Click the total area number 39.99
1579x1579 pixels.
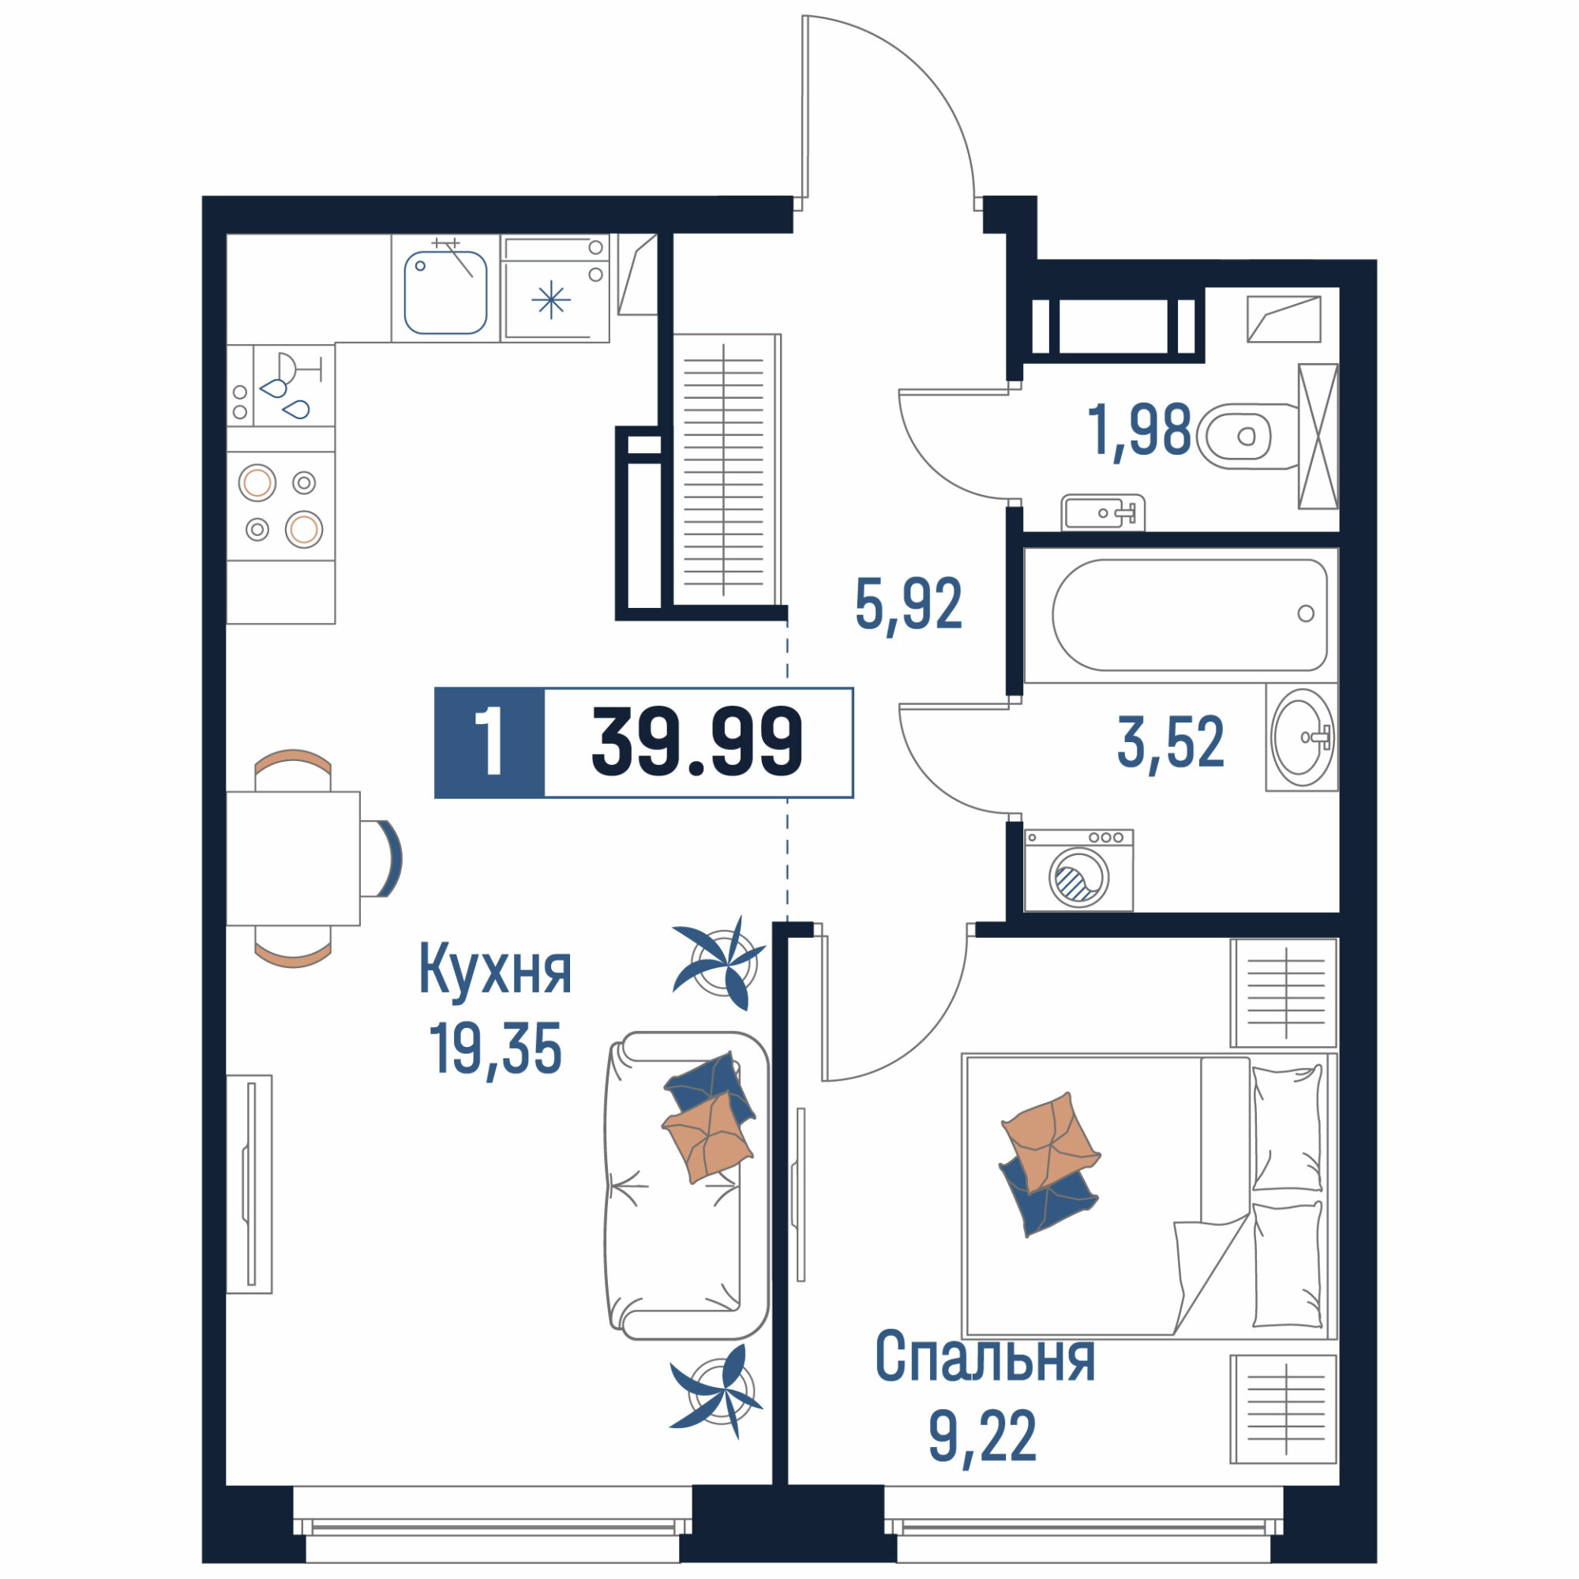pos(697,741)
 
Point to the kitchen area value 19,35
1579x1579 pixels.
pos(495,1050)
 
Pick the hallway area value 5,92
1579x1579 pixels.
pos(909,604)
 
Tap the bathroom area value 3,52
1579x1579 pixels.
pos(1170,741)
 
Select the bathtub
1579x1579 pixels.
pos(1189,614)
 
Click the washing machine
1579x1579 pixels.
pos(1078,870)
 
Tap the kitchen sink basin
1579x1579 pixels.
pos(445,293)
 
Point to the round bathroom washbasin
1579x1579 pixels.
pos(1302,737)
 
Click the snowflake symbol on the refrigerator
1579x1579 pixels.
pos(551,300)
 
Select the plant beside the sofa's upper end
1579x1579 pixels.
pos(720,962)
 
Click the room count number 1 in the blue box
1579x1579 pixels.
pos(489,742)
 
